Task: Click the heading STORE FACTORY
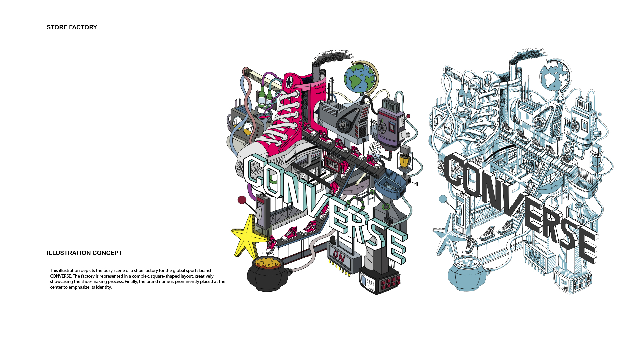pos(72,27)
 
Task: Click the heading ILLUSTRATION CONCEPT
pos(84,253)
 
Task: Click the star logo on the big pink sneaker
pos(289,81)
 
